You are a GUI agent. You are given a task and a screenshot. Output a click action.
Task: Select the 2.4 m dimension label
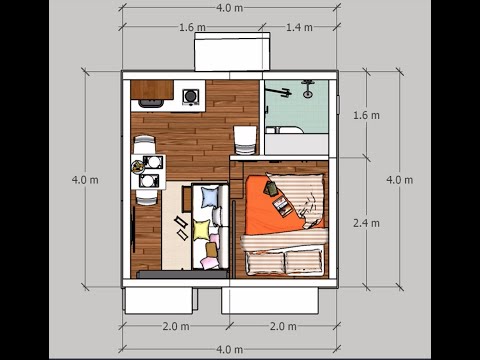(x=367, y=223)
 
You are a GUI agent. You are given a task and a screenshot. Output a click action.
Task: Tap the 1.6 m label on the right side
(x=367, y=116)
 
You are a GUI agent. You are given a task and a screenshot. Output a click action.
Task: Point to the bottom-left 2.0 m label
(x=176, y=326)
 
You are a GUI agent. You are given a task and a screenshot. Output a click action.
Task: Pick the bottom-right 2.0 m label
(x=284, y=326)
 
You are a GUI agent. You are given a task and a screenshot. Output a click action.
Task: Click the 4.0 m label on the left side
(x=85, y=180)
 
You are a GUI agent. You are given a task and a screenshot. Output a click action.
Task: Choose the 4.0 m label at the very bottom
(x=229, y=349)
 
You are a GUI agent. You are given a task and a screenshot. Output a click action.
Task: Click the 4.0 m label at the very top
(x=229, y=9)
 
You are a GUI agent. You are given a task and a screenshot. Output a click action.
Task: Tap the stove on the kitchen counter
(x=190, y=97)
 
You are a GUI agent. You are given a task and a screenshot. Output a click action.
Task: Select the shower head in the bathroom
(x=306, y=91)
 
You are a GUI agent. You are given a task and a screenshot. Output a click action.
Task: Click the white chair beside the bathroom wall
(x=245, y=137)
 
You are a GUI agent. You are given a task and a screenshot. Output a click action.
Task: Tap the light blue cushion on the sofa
(x=209, y=196)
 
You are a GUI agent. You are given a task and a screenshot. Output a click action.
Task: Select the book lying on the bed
(x=283, y=207)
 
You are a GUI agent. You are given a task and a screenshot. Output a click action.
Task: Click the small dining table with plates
(x=149, y=171)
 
